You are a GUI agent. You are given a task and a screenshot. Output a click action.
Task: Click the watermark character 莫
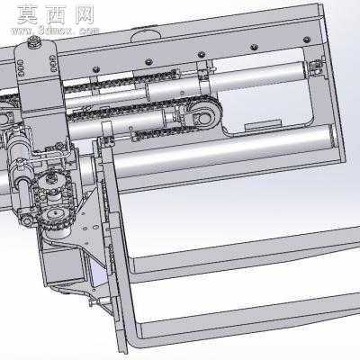[x=27, y=15]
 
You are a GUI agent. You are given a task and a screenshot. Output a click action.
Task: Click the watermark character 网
[x=85, y=15]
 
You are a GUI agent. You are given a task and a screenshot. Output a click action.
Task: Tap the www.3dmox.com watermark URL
[x=55, y=31]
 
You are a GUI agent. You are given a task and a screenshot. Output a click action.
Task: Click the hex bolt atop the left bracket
[x=34, y=40]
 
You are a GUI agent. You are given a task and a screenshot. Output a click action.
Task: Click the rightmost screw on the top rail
[x=307, y=40]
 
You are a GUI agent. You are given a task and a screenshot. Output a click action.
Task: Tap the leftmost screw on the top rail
[x=96, y=69]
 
